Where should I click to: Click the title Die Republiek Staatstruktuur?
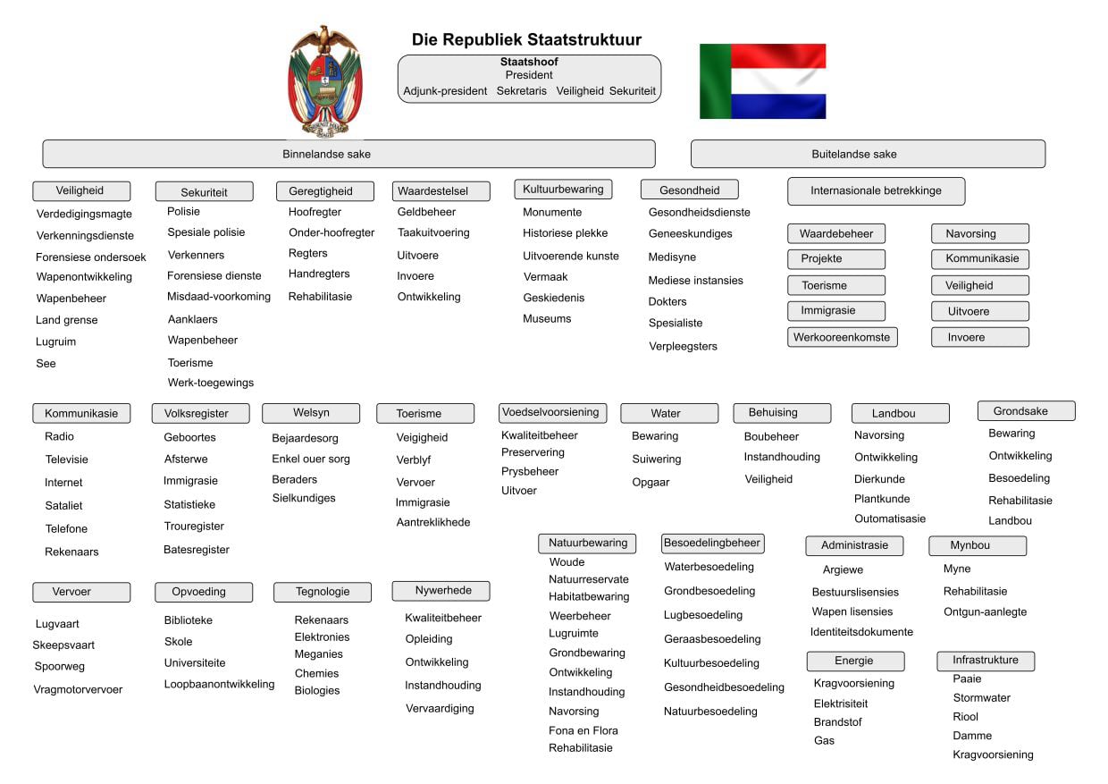tap(526, 40)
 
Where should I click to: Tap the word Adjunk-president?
tap(445, 91)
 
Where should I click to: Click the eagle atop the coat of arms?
tap(324, 39)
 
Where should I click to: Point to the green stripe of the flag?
tap(715, 81)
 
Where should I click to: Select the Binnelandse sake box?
tap(348, 154)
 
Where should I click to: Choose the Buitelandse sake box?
tap(867, 154)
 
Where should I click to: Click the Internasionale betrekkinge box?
tap(876, 191)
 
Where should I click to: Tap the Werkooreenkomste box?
tap(842, 338)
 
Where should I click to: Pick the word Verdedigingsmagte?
tap(84, 215)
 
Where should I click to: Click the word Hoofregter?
tap(315, 213)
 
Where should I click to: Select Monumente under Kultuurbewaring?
tap(552, 213)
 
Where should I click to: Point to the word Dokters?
tap(667, 302)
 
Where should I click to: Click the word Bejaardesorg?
tap(305, 439)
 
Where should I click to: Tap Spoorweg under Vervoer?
tap(60, 667)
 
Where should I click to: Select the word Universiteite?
tap(195, 663)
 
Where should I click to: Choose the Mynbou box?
tap(977, 545)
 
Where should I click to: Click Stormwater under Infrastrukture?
tap(981, 698)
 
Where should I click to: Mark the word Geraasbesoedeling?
tap(712, 640)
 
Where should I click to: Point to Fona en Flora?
tap(583, 731)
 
